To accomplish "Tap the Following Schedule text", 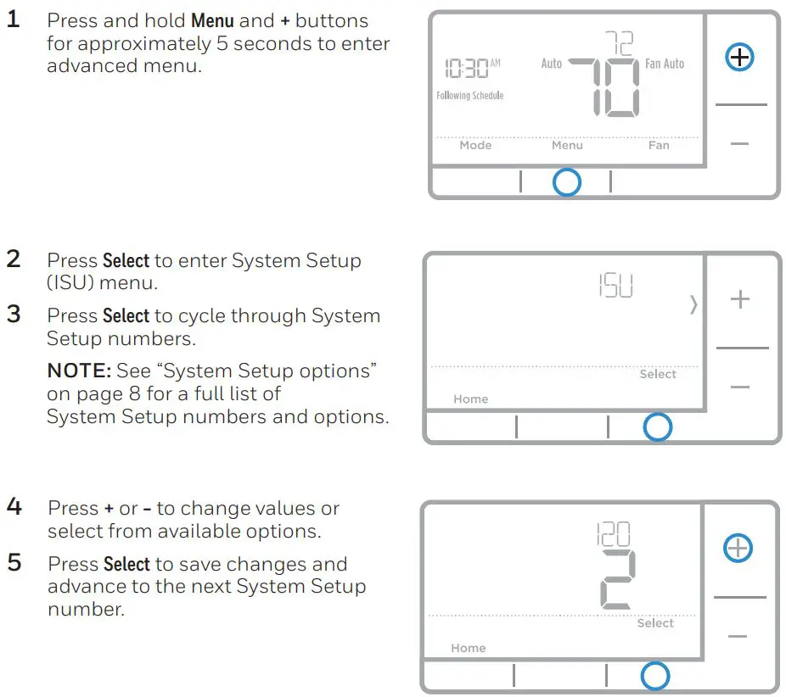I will point(469,96).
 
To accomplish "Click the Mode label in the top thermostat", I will point(475,145).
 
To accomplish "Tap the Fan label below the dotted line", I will point(659,145).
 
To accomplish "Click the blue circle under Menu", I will point(566,182).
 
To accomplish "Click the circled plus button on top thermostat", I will point(741,58).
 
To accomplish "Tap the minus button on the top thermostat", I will point(740,144).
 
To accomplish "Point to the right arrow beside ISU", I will point(693,304).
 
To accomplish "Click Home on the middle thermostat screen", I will point(470,399).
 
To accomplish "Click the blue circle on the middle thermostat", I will point(658,427).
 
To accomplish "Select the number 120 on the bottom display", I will point(613,534).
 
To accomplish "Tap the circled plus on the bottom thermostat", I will point(738,549).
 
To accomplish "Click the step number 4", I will point(14,507).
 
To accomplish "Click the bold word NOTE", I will point(76,371).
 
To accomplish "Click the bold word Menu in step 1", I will point(212,20).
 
